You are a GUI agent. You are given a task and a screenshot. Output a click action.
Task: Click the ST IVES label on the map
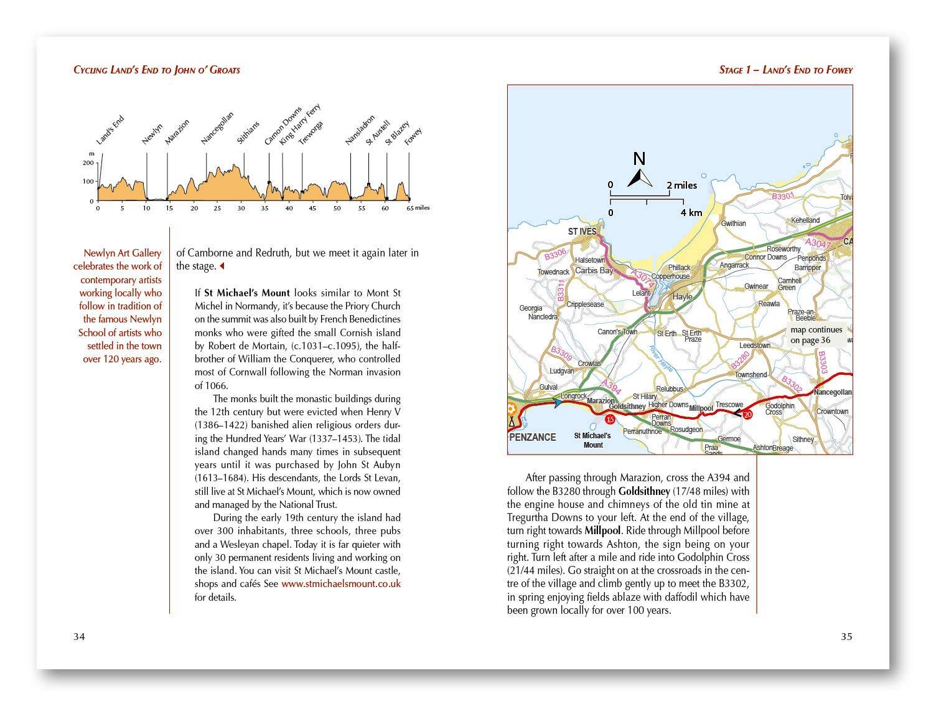(582, 232)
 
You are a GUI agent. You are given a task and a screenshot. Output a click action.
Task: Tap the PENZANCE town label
(532, 437)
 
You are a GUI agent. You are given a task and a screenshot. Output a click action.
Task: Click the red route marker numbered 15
(610, 419)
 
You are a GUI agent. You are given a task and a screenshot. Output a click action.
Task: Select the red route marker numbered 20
(748, 415)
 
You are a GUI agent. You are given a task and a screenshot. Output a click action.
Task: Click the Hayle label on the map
(682, 297)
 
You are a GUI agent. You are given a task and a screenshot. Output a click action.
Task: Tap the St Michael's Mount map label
(592, 440)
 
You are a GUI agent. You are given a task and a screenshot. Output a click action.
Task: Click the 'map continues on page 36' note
(816, 335)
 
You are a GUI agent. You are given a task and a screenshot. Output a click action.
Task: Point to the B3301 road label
(783, 196)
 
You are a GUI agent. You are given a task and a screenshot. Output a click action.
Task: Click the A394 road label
(612, 387)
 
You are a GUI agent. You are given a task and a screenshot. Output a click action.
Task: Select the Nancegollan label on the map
(832, 392)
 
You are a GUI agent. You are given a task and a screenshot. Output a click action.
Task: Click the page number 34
(79, 636)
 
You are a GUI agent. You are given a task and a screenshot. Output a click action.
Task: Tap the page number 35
(846, 636)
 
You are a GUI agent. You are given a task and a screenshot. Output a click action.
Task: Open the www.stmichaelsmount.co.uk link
(340, 584)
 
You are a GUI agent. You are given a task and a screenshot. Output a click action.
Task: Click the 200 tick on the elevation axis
(87, 163)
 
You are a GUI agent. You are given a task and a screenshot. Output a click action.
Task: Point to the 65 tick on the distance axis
(409, 209)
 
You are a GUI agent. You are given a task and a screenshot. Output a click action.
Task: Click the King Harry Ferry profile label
(300, 125)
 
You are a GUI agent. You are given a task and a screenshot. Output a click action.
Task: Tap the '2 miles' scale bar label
(681, 185)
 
